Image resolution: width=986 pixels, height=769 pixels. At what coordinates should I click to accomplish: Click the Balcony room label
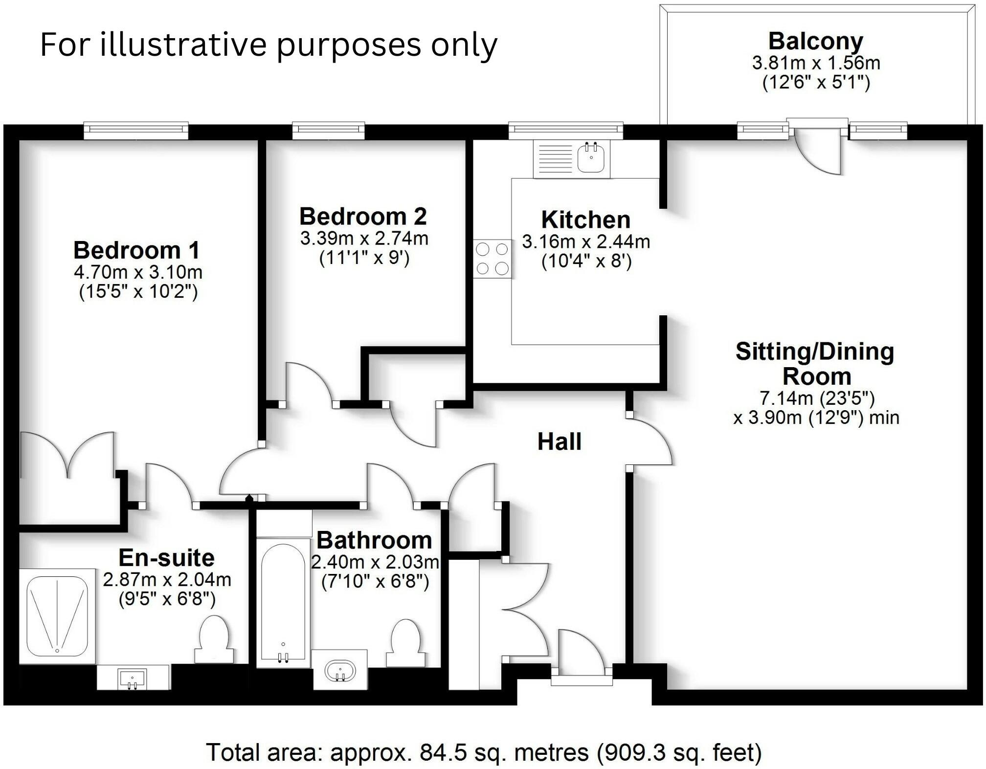[x=815, y=41]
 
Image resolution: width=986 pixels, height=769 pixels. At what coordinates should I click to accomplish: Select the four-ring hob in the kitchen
[x=492, y=259]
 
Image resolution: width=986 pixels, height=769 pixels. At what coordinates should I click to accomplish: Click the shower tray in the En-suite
[x=58, y=615]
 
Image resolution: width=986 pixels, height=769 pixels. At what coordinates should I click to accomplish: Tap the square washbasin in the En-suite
[x=132, y=678]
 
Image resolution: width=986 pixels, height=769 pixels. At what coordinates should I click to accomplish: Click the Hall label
[x=559, y=441]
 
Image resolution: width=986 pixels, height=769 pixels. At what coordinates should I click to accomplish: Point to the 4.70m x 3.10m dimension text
[x=138, y=272]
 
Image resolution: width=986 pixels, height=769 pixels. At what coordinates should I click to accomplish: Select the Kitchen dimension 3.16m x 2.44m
[x=586, y=242]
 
